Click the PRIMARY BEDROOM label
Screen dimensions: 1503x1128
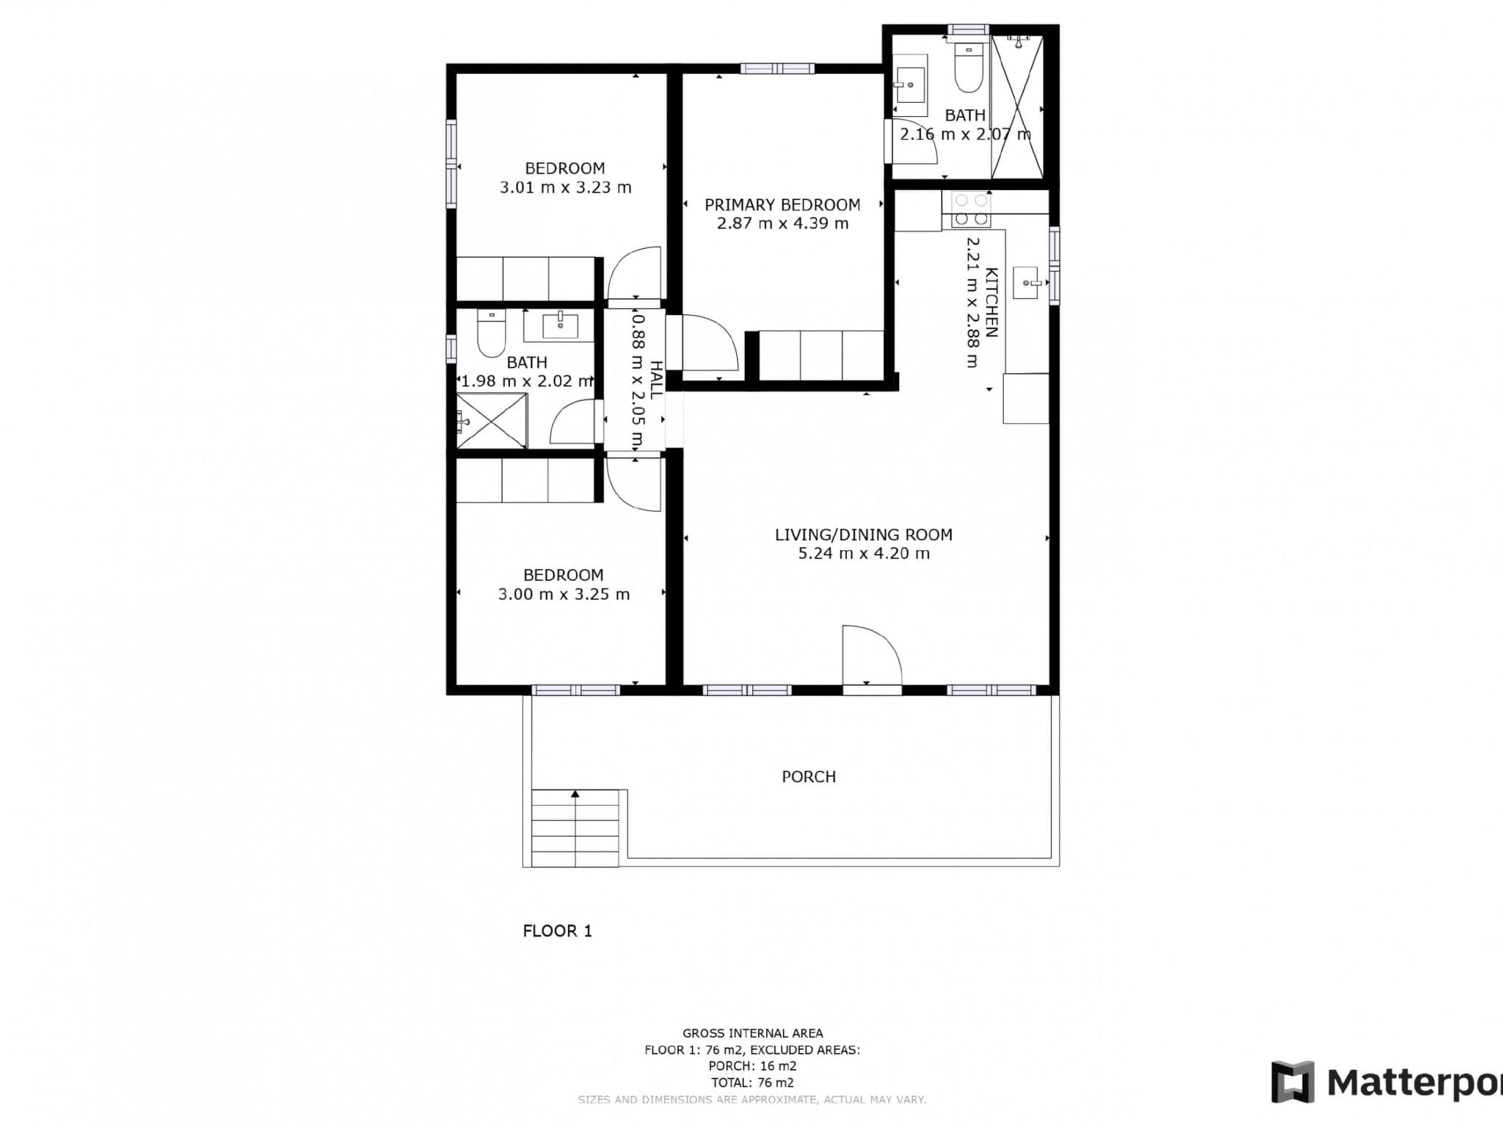782,205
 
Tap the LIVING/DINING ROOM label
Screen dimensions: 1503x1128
864,535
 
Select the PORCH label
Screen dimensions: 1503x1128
809,776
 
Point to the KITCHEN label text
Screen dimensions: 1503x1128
991,302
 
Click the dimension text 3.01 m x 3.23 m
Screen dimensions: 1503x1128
565,187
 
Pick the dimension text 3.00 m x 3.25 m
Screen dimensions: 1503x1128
564,594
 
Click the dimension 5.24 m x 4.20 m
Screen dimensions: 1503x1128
864,554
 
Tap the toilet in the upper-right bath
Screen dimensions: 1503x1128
969,68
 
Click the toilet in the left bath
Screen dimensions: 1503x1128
491,333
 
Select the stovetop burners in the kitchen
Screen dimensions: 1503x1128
971,209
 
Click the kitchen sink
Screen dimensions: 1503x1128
1027,283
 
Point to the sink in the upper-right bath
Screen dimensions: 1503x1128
910,85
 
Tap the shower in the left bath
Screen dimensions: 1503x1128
491,421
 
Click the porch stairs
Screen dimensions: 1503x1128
575,828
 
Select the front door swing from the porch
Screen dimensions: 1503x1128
872,655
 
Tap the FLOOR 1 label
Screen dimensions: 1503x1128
557,930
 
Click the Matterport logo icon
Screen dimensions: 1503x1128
1293,1082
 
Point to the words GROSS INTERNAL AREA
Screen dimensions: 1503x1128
752,1033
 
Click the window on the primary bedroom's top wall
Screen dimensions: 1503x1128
777,69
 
